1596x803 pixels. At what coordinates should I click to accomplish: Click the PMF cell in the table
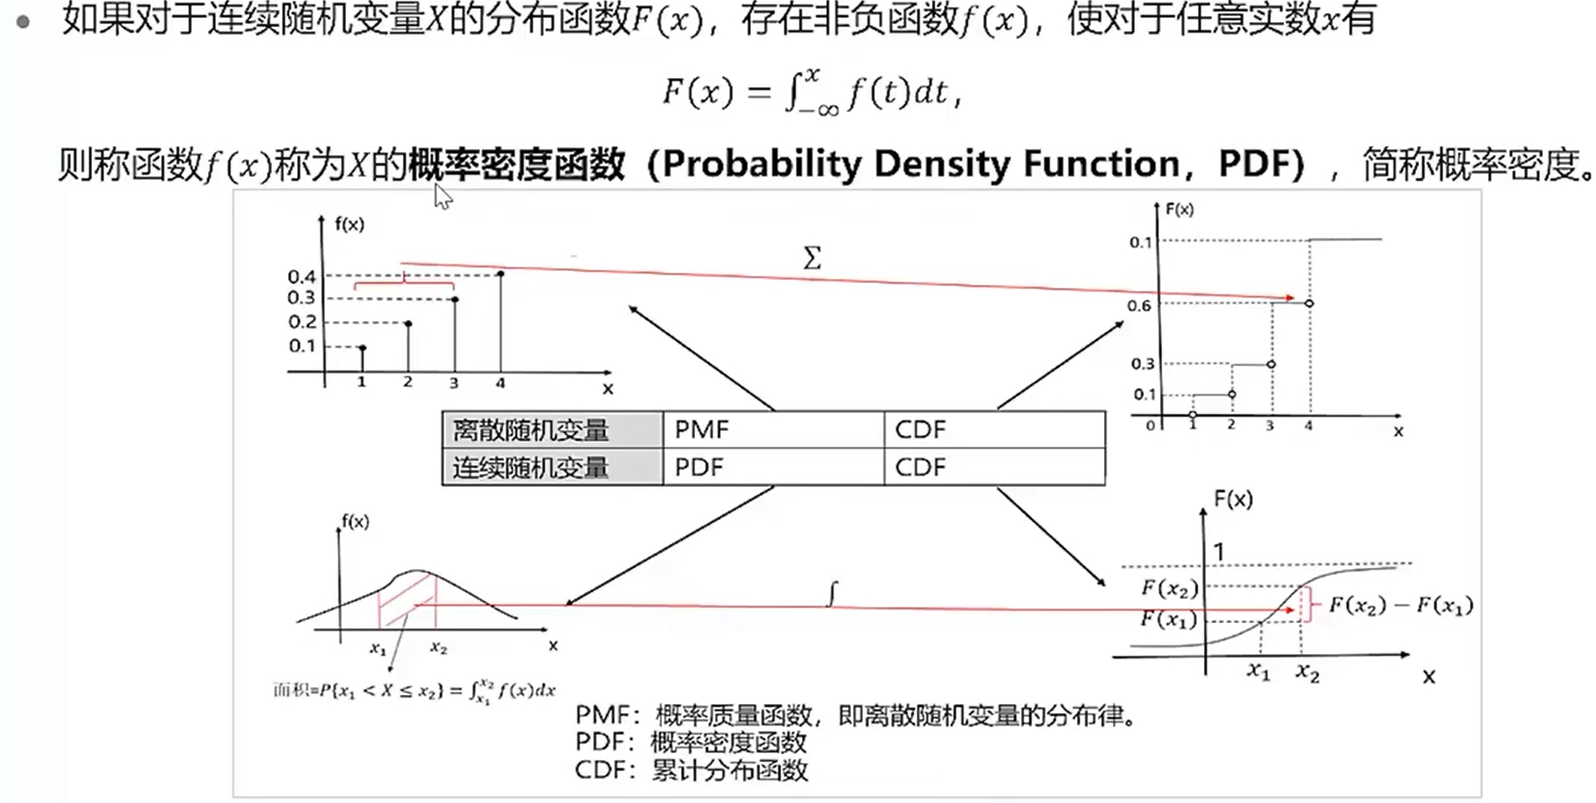pos(772,430)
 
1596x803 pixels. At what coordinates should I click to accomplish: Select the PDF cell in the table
pos(772,467)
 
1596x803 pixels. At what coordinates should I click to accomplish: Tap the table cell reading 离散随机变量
pos(552,430)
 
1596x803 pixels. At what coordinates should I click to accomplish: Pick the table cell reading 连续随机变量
pos(552,467)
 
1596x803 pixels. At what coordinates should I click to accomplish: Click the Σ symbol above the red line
pos(812,259)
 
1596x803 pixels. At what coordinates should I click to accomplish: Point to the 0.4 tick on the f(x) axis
pos(302,276)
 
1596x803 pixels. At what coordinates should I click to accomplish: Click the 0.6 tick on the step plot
pos(1139,305)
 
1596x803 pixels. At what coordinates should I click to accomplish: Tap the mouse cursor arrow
pos(442,197)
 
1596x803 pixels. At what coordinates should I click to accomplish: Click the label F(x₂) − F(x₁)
pos(1400,606)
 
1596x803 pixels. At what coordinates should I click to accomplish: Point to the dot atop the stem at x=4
pos(500,274)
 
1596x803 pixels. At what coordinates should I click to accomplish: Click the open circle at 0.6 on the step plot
pos(1309,303)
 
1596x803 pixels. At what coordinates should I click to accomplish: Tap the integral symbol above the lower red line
pos(833,594)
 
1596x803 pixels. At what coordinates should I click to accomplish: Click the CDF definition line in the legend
pos(691,770)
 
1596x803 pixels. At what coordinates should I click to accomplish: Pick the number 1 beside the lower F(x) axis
pos(1218,552)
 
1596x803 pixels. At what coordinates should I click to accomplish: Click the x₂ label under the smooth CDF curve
pos(1307,671)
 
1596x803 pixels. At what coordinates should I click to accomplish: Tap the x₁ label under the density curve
pos(378,648)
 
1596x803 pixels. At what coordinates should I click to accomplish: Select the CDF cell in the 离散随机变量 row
pos(994,430)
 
